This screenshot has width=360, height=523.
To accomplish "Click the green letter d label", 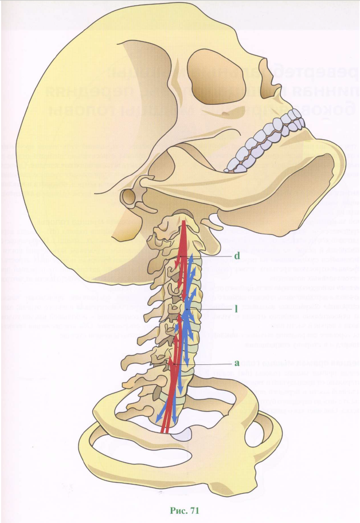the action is (x=236, y=255).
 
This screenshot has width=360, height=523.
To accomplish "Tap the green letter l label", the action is (x=236, y=308).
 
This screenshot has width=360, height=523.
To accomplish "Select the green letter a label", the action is (x=236, y=363).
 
